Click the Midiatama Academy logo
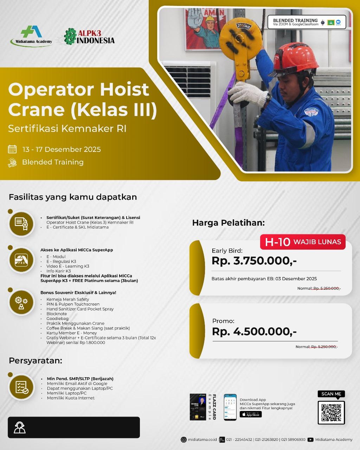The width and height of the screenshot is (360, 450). click(31, 36)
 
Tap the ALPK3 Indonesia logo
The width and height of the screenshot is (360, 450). click(89, 37)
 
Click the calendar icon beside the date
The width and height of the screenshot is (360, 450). click(12, 149)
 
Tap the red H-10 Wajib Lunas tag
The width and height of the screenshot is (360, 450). click(303, 242)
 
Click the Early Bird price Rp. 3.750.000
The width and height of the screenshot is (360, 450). click(254, 261)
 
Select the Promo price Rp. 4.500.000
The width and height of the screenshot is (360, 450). click(254, 331)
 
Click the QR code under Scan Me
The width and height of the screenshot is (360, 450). click(331, 412)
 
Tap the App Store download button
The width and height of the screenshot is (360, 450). click(251, 414)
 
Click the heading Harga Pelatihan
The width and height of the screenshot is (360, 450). click(228, 223)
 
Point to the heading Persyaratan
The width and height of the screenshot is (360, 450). click(35, 361)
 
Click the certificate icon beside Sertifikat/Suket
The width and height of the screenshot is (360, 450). click(21, 223)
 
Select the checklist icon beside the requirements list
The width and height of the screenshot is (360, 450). click(21, 387)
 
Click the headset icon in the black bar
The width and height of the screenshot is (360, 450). click(20, 427)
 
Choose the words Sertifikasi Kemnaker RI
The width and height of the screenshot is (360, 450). click(67, 129)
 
